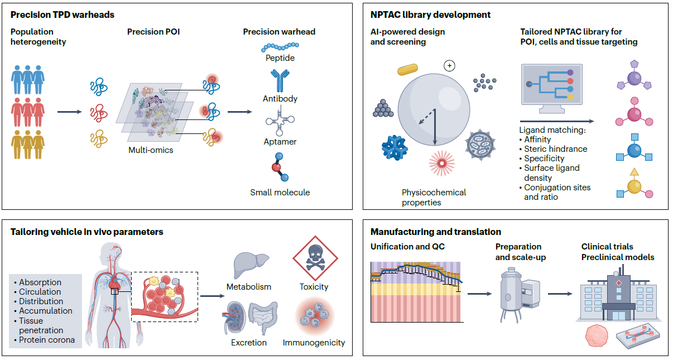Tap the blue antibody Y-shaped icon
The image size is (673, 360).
pyautogui.click(x=279, y=81)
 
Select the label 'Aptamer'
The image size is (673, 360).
pyautogui.click(x=280, y=142)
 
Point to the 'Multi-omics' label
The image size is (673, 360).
pyautogui.click(x=151, y=150)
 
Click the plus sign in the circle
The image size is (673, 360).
pyautogui.click(x=449, y=66)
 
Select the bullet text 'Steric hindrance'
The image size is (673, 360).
pyautogui.click(x=555, y=149)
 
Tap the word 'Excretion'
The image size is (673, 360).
pyautogui.click(x=248, y=342)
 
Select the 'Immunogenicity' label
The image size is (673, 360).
pyautogui.click(x=314, y=342)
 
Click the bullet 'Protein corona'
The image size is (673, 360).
pyautogui.click(x=47, y=339)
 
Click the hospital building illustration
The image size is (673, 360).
pyautogui.click(x=618, y=299)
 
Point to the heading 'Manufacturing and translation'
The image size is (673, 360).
pyautogui.click(x=436, y=232)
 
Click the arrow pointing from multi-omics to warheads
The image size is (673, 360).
pyautogui.click(x=239, y=112)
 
